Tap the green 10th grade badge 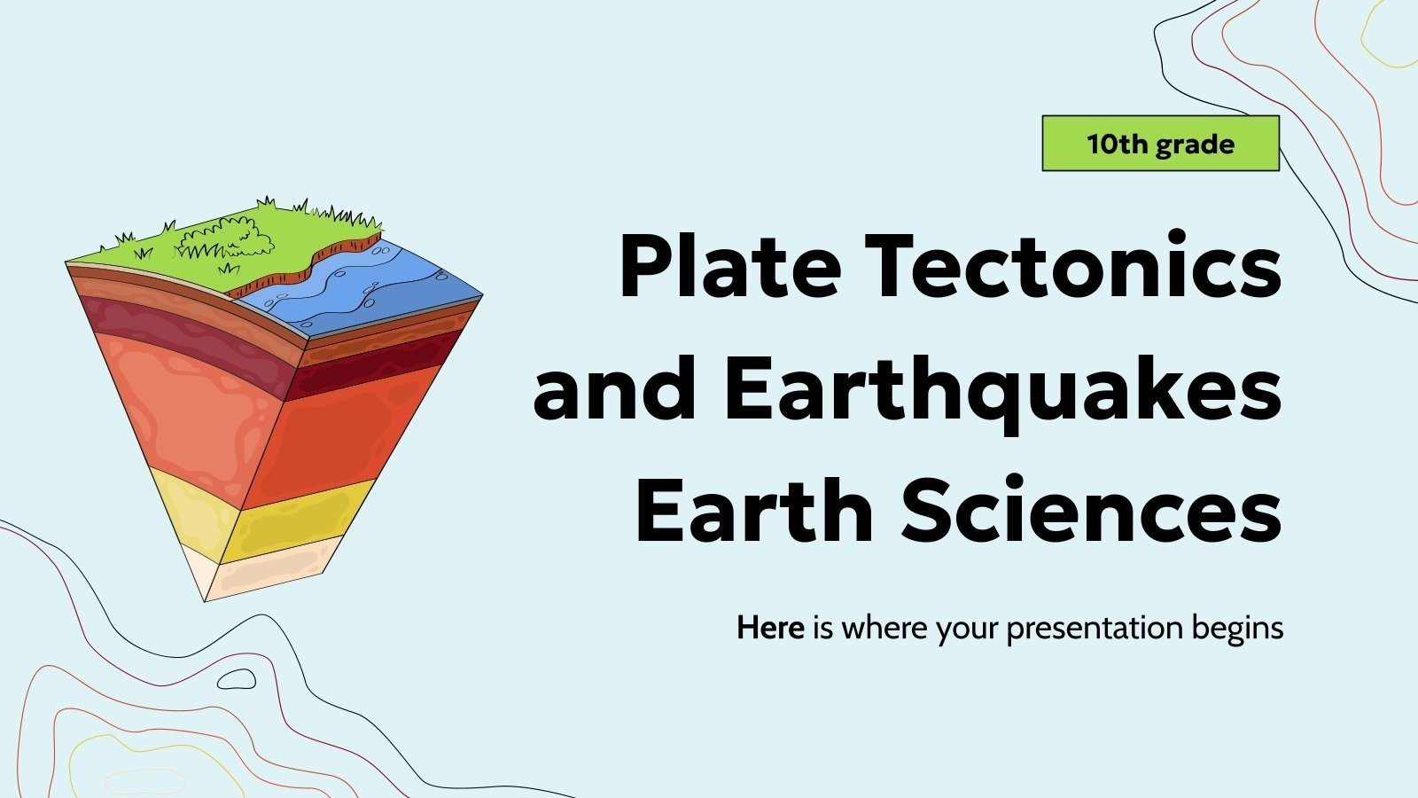pyautogui.click(x=1160, y=144)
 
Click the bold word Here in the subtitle pyautogui.click(x=770, y=628)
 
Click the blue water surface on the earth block pyautogui.click(x=372, y=284)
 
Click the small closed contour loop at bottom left pyautogui.click(x=237, y=680)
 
